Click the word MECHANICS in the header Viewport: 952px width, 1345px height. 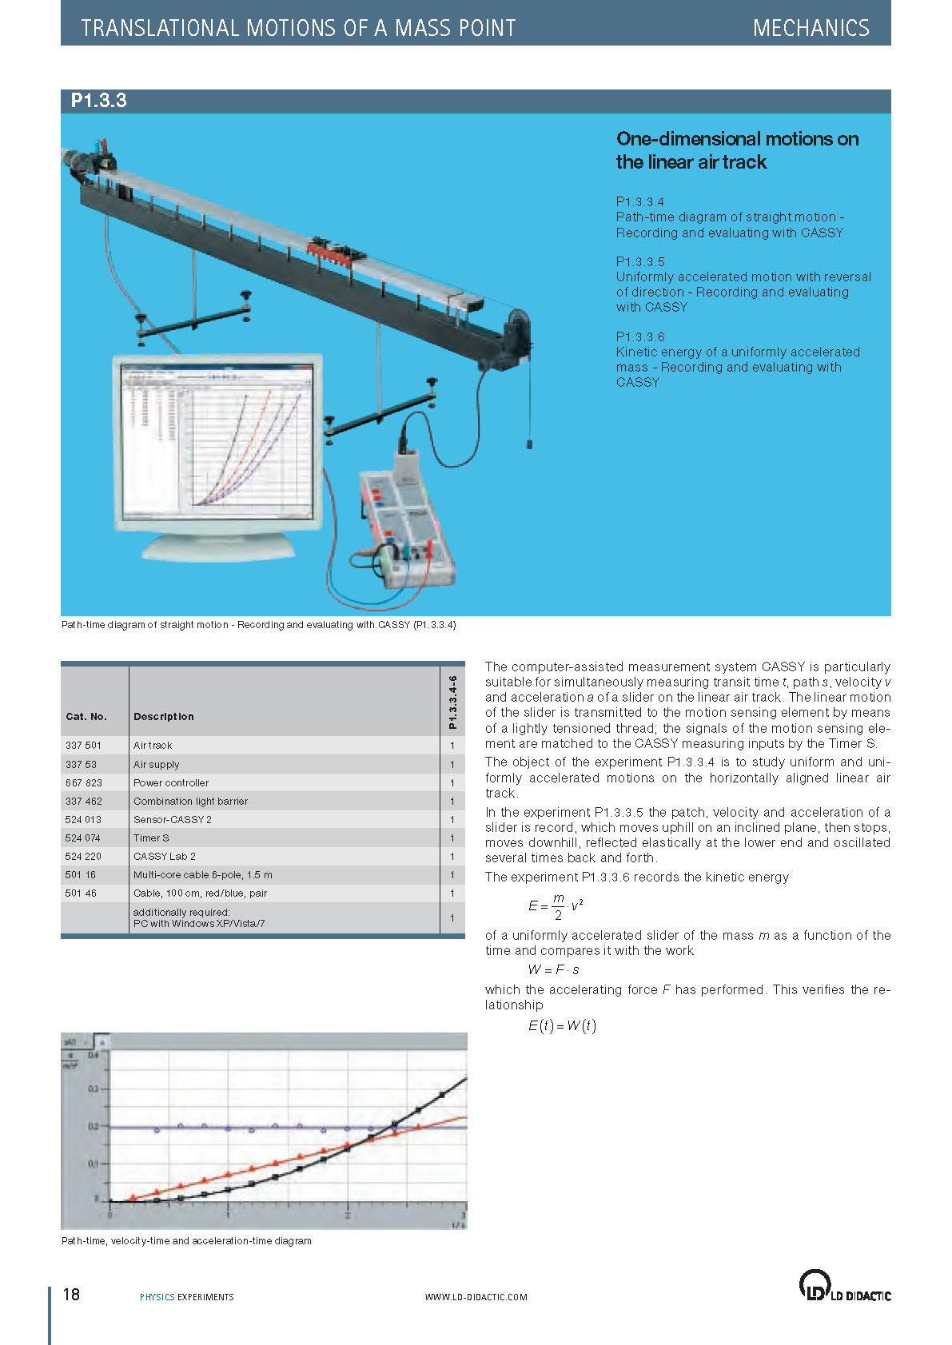(811, 28)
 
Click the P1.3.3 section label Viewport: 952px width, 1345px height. (98, 101)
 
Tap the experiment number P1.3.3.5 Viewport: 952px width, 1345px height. (639, 261)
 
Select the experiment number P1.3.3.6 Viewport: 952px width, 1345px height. (639, 336)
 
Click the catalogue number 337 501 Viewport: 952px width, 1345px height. (83, 745)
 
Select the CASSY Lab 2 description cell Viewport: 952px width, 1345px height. (164, 856)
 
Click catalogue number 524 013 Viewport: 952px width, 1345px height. (83, 819)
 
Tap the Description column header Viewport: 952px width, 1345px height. (163, 717)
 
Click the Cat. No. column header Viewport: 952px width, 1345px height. (86, 717)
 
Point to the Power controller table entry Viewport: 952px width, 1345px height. (170, 782)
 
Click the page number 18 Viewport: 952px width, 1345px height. (71, 1294)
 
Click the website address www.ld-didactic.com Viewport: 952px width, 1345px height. (476, 1297)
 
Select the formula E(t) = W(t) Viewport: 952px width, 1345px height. (561, 1025)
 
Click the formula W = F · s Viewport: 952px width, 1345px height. (553, 969)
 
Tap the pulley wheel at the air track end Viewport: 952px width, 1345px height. (515, 335)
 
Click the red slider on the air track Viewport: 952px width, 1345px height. (335, 251)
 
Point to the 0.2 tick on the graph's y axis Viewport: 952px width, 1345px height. (94, 1126)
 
